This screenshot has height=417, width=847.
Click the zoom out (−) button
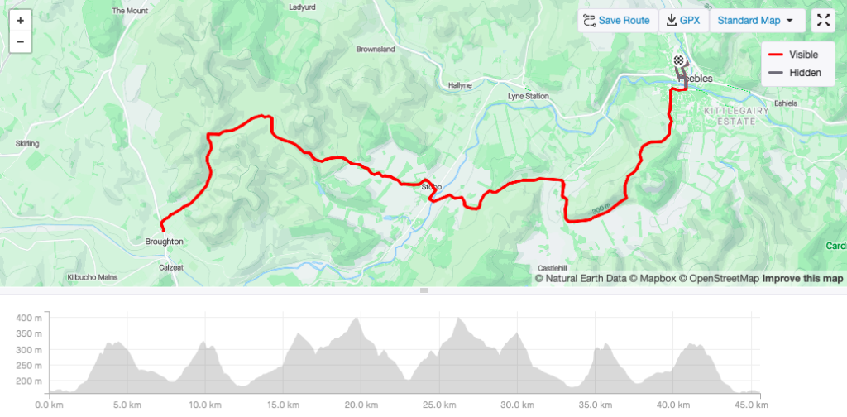[x=20, y=41]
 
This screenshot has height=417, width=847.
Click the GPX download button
[x=684, y=21]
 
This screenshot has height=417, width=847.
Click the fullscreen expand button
[x=824, y=21]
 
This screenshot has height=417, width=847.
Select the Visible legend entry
[x=794, y=55]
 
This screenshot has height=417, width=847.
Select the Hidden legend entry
[x=794, y=73]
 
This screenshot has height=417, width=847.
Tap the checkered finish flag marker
[x=678, y=60]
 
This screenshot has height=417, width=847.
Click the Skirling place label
[x=27, y=144]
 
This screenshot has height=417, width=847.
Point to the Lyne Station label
[x=528, y=97]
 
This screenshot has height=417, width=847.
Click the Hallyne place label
[x=459, y=85]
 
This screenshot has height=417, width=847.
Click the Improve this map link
[x=802, y=279]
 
